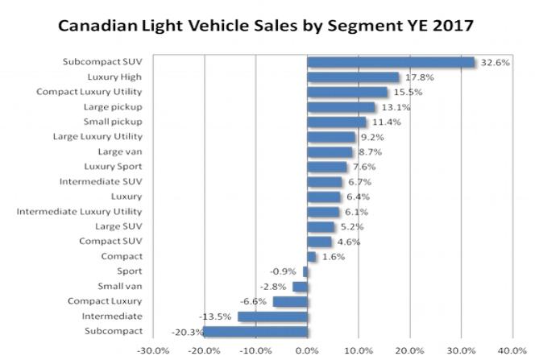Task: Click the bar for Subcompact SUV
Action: pyautogui.click(x=391, y=62)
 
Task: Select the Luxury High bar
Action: pyautogui.click(x=353, y=77)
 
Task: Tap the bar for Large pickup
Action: pyautogui.click(x=341, y=107)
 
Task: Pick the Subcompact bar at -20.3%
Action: pyautogui.click(x=255, y=331)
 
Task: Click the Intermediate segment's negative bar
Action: pyautogui.click(x=272, y=317)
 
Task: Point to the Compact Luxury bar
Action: pyautogui.click(x=290, y=301)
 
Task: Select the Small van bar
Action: pyautogui.click(x=300, y=286)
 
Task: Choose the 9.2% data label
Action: pyautogui.click(x=369, y=137)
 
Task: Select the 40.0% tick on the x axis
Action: pyautogui.click(x=512, y=350)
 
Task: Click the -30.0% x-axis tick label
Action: pyautogui.click(x=153, y=350)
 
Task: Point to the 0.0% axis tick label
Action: pyautogui.click(x=308, y=350)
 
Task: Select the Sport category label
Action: pyautogui.click(x=130, y=271)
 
